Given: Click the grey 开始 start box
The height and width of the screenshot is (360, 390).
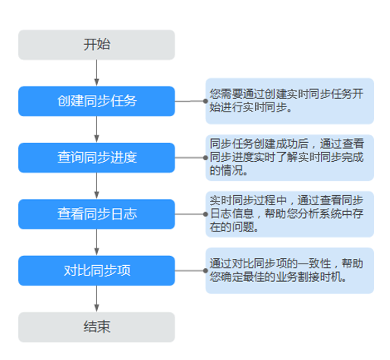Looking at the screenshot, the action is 96,45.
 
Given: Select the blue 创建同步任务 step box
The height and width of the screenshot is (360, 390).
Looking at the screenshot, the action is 96,101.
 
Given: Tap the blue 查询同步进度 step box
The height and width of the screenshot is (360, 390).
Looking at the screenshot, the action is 96,158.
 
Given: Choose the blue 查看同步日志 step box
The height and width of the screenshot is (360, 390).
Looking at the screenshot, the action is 96,214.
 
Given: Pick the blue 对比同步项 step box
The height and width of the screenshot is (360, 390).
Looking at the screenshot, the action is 96,270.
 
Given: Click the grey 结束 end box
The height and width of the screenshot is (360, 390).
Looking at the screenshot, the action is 96,327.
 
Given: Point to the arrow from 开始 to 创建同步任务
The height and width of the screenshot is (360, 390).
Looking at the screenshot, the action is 96,73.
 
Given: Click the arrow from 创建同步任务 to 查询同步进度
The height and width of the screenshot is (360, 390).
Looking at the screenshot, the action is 96,129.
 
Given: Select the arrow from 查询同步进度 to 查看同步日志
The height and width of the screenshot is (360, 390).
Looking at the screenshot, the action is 96,186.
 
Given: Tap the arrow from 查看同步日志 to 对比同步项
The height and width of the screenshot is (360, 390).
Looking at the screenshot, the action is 96,242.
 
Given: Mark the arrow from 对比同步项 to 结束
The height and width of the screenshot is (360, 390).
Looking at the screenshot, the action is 96,298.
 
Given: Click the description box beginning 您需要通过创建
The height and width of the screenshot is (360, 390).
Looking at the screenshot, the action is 290,101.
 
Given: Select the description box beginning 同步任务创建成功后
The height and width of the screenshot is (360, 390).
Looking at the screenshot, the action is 290,157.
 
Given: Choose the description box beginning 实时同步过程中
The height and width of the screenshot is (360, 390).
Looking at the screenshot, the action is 290,214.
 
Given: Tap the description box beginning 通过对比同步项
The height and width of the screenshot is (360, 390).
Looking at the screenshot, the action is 290,270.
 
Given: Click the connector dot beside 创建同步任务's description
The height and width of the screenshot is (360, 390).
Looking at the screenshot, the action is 206,101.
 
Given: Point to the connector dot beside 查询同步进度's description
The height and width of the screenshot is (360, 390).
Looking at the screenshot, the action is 206,158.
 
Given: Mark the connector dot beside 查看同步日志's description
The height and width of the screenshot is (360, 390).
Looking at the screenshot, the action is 206,214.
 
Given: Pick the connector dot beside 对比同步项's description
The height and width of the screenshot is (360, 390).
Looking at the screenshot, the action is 206,270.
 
